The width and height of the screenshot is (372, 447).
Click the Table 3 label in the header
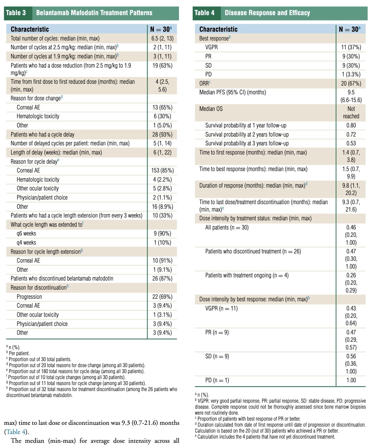16,13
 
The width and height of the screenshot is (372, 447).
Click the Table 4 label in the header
204,13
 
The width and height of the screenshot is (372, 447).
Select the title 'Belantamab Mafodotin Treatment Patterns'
94,13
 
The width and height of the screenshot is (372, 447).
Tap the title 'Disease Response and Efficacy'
267,13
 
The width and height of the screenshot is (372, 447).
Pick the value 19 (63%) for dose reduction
162,65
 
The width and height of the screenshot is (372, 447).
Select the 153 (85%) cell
162,170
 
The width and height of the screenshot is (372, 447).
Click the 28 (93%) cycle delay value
162,134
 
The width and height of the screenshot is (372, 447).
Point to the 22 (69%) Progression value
162,297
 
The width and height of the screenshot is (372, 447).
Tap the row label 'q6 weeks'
26,234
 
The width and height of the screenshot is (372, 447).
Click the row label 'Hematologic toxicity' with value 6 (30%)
38,116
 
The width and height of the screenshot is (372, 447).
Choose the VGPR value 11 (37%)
351,47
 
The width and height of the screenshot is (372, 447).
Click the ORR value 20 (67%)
351,83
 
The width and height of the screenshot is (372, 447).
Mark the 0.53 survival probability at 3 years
351,143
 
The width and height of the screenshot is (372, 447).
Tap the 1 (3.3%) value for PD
351,74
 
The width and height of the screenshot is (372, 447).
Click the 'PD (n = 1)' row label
217,380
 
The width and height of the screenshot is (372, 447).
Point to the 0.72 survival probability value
351,134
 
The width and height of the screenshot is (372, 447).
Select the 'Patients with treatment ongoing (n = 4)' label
247,275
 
